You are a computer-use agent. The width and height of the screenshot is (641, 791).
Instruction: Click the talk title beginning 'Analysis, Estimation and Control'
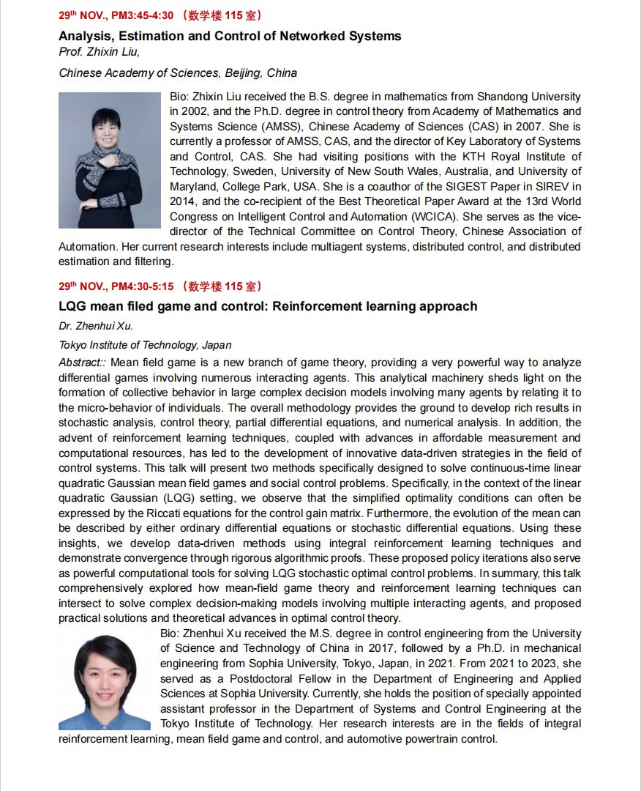click(230, 35)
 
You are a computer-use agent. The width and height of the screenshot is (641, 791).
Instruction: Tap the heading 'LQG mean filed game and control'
click(268, 306)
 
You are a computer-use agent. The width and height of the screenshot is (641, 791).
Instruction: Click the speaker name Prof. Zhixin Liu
click(99, 51)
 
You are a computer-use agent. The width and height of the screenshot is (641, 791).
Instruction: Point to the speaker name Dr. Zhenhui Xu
click(96, 327)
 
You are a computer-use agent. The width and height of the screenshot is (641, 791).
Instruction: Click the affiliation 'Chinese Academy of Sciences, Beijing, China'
click(178, 73)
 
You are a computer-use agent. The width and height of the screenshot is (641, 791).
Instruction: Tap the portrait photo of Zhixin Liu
click(110, 160)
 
